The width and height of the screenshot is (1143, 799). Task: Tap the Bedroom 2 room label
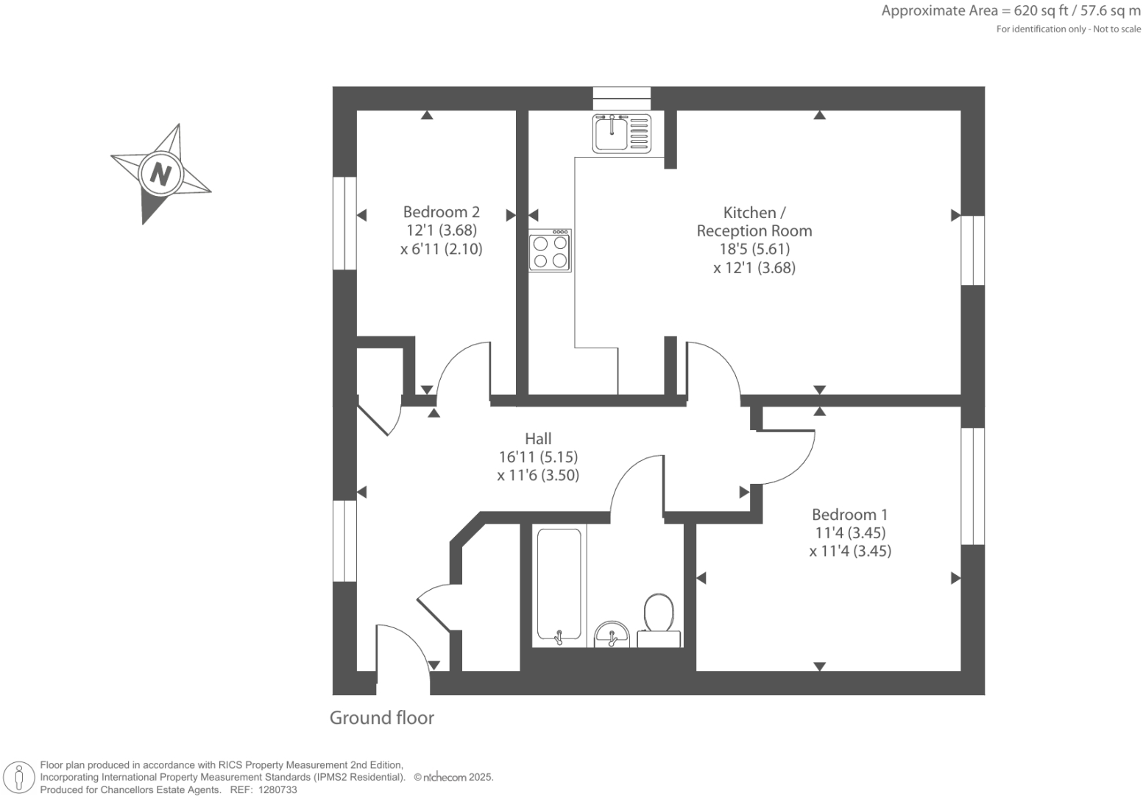(441, 212)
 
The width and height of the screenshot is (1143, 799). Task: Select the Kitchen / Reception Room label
(754, 222)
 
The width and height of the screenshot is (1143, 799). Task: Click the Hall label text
(538, 438)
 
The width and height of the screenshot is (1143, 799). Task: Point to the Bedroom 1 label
(849, 515)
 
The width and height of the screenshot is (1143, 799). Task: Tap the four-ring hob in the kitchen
(550, 251)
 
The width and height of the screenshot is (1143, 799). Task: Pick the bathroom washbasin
(612, 633)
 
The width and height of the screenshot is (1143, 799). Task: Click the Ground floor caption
(381, 718)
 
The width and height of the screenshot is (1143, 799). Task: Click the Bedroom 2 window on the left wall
(344, 223)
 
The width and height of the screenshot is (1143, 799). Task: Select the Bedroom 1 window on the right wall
(973, 486)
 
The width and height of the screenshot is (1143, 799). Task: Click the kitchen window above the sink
(622, 93)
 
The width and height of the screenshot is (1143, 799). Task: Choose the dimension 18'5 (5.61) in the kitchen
(754, 249)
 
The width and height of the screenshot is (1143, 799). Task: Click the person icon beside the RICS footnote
(19, 777)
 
